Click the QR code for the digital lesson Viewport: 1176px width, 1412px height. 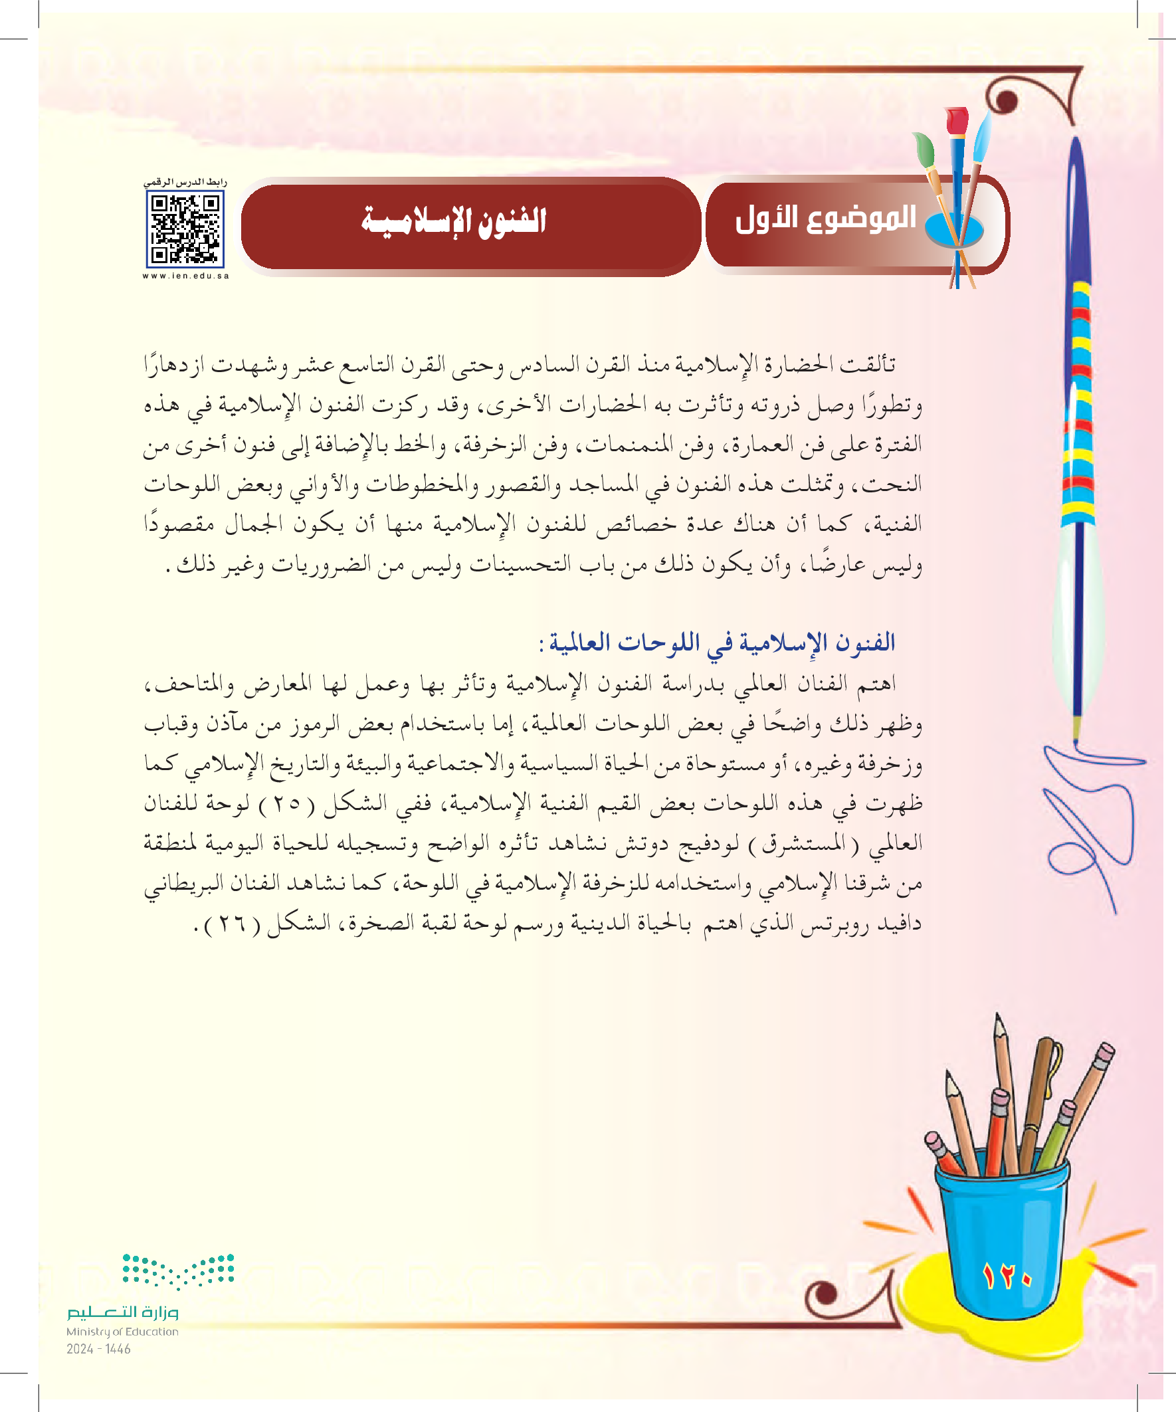click(x=185, y=229)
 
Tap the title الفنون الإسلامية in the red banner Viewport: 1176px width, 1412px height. click(x=454, y=221)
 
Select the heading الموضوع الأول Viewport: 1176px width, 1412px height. click(x=826, y=219)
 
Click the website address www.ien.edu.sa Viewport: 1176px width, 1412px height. click(x=185, y=276)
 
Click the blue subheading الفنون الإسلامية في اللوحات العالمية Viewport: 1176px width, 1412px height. click(x=718, y=643)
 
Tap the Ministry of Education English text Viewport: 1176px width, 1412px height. click(x=122, y=1332)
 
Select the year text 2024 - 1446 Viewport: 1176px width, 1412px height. click(x=98, y=1349)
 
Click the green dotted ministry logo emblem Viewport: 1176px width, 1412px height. click(x=178, y=1270)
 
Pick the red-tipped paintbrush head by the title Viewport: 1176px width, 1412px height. click(x=956, y=121)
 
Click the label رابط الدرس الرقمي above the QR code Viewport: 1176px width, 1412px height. click(x=185, y=182)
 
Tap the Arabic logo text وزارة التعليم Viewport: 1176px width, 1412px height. click(x=122, y=1312)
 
